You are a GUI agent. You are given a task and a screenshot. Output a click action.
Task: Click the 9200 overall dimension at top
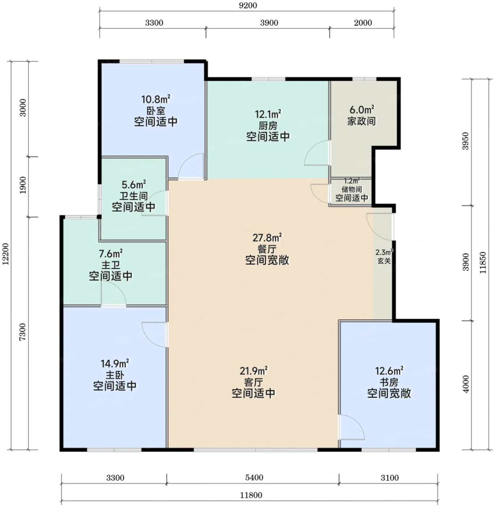pos(248,5)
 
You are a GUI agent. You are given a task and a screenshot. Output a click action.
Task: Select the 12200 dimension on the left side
pos(6,254)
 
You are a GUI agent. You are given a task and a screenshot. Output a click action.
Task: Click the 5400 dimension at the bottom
pos(254,477)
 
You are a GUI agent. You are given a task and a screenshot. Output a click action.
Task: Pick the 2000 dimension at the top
pos(363,23)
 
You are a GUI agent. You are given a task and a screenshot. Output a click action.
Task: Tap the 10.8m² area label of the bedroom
pos(156,99)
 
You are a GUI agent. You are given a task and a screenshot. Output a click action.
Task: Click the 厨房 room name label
pos(268,126)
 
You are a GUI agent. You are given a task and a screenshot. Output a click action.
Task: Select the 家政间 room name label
pos(362,121)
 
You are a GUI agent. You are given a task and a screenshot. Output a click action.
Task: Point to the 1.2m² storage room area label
pos(352,181)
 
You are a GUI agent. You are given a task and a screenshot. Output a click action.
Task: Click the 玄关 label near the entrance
pos(384,260)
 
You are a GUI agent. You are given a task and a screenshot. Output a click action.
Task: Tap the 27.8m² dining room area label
pos(267,238)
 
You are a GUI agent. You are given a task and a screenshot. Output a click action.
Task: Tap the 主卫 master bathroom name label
pos(111,265)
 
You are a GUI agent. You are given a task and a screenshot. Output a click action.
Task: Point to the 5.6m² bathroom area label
pos(134,185)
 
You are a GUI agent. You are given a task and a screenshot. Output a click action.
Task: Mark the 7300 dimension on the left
pos(23,332)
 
